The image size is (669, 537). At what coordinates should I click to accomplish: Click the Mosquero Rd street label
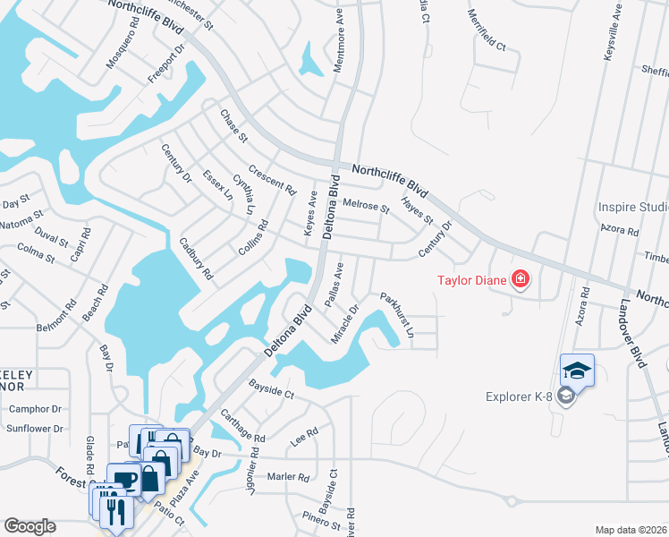(x=119, y=49)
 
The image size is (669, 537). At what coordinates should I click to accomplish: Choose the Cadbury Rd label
(x=195, y=258)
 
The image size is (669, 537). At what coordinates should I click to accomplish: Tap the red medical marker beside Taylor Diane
(x=520, y=279)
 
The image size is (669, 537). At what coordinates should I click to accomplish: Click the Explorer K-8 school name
(x=520, y=396)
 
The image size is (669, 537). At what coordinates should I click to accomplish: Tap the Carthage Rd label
(x=242, y=425)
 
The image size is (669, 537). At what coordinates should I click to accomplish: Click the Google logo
(x=30, y=526)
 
